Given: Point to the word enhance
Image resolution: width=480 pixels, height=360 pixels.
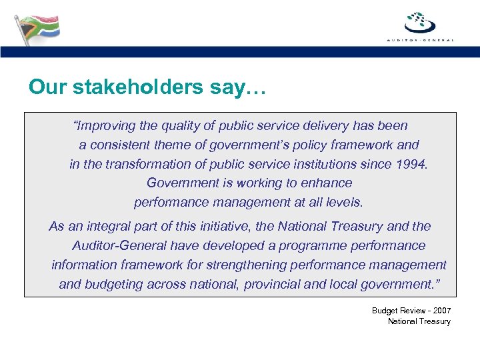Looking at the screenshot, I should tap(327, 183).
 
